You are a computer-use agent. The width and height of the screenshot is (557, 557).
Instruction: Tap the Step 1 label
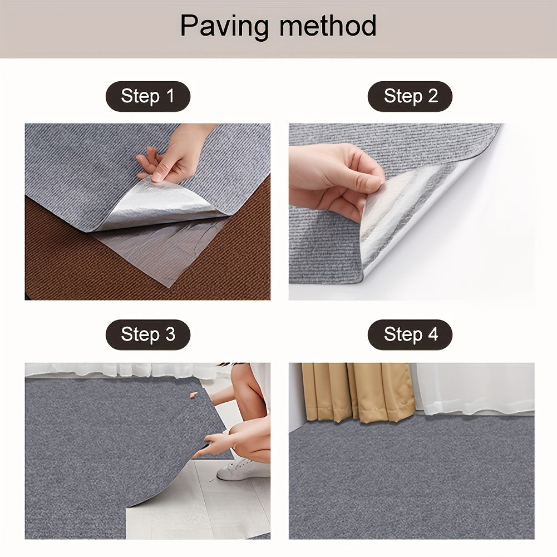point(147,96)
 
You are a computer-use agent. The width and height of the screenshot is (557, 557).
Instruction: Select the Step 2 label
point(410,96)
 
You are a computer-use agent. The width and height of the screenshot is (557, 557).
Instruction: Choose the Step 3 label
point(147,334)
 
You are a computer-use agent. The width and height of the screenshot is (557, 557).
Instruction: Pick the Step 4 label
point(410,334)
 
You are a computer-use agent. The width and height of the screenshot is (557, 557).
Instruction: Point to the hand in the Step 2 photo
point(334,178)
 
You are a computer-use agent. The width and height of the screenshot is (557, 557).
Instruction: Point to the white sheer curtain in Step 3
point(111,370)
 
